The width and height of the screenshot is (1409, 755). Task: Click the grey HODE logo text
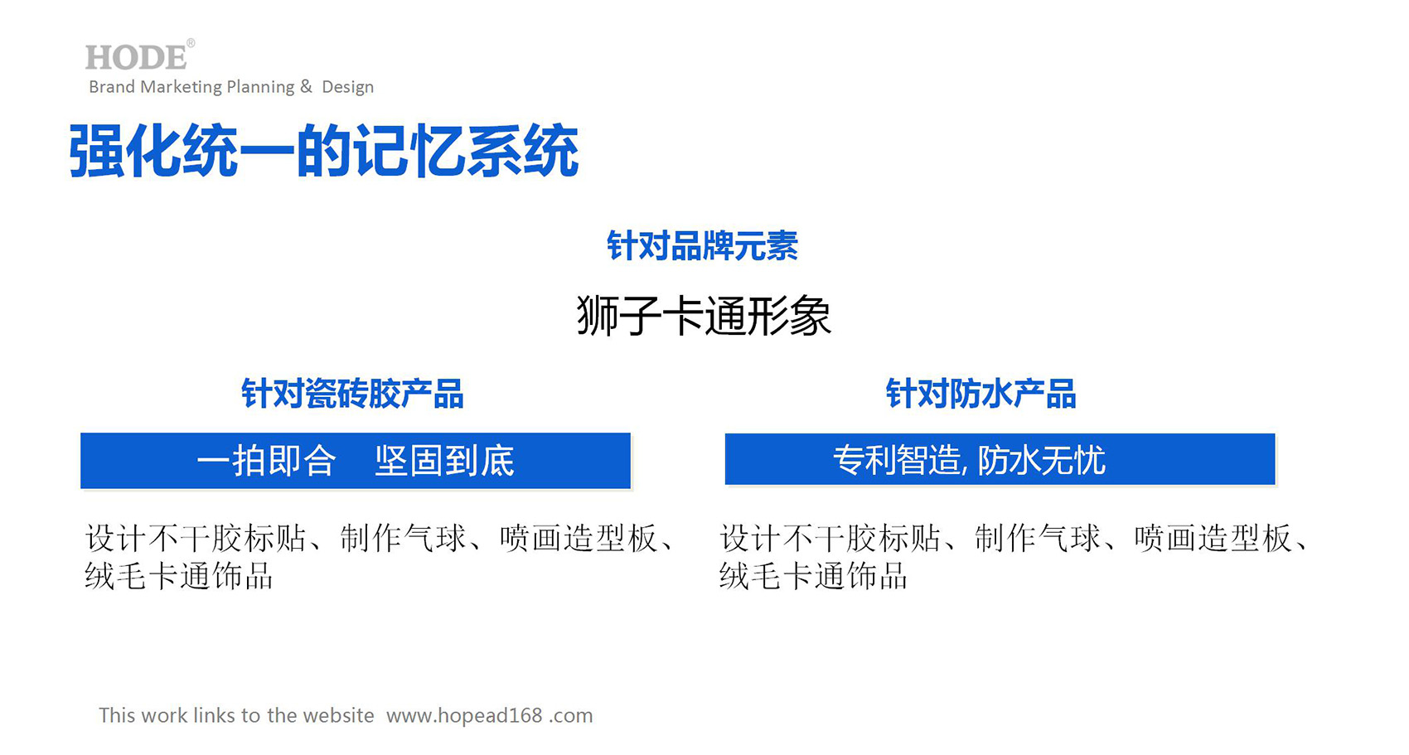coord(137,57)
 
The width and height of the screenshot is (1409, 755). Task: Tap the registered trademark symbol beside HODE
coord(191,43)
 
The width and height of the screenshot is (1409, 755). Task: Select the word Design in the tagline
coord(348,87)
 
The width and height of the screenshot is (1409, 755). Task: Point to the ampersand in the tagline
coord(306,86)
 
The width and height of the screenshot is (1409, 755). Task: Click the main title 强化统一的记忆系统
coord(323,151)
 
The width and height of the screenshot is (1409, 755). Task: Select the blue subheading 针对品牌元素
coord(703,245)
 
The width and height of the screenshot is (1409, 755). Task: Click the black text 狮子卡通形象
coord(704,315)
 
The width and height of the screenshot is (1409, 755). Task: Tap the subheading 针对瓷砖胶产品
coord(353,394)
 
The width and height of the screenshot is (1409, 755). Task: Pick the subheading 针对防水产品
coord(981,394)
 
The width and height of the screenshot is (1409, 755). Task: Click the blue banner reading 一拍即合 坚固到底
coord(356,461)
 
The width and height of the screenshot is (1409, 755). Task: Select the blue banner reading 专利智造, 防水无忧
coord(1000,459)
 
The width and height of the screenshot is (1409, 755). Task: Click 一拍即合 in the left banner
coord(266,461)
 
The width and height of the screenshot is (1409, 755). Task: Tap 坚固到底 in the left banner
coord(445,461)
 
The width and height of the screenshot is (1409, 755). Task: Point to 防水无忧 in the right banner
coord(1042,460)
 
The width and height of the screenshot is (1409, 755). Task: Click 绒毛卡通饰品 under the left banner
coord(179,575)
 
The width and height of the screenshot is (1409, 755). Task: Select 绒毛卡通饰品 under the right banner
coord(813,575)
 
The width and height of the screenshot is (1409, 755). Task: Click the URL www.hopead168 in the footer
coord(464,715)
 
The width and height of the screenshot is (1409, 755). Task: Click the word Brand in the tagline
coord(111,87)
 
